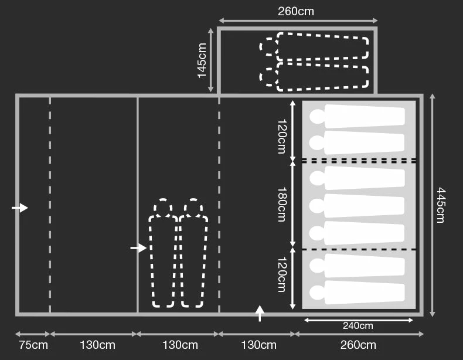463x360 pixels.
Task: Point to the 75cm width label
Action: click(33, 345)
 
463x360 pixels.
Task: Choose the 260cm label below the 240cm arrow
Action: click(358, 345)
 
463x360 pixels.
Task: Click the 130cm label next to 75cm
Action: click(97, 345)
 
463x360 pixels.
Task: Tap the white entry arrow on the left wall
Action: click(20, 208)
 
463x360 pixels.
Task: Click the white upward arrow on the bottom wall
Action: click(260, 313)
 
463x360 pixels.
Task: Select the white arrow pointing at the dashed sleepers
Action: click(138, 248)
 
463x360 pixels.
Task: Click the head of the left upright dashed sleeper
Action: click(162, 208)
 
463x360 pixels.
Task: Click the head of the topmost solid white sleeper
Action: click(316, 116)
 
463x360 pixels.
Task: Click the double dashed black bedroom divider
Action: click(359, 160)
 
